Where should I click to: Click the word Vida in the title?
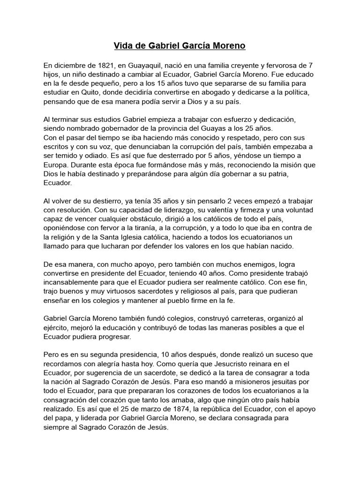(x=123, y=46)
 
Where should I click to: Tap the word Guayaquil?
(x=134, y=66)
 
